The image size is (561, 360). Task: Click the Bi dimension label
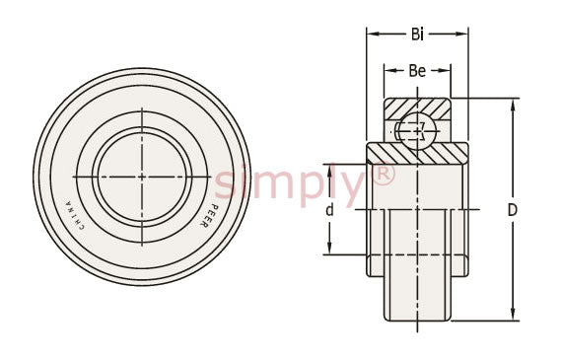(x=417, y=35)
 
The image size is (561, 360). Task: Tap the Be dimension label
(x=417, y=71)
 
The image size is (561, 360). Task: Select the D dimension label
(x=513, y=210)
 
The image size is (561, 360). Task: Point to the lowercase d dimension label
(x=329, y=210)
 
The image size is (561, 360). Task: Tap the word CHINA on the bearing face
(x=74, y=215)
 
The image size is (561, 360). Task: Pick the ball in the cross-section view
(x=417, y=130)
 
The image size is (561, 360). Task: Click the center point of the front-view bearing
(x=142, y=177)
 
